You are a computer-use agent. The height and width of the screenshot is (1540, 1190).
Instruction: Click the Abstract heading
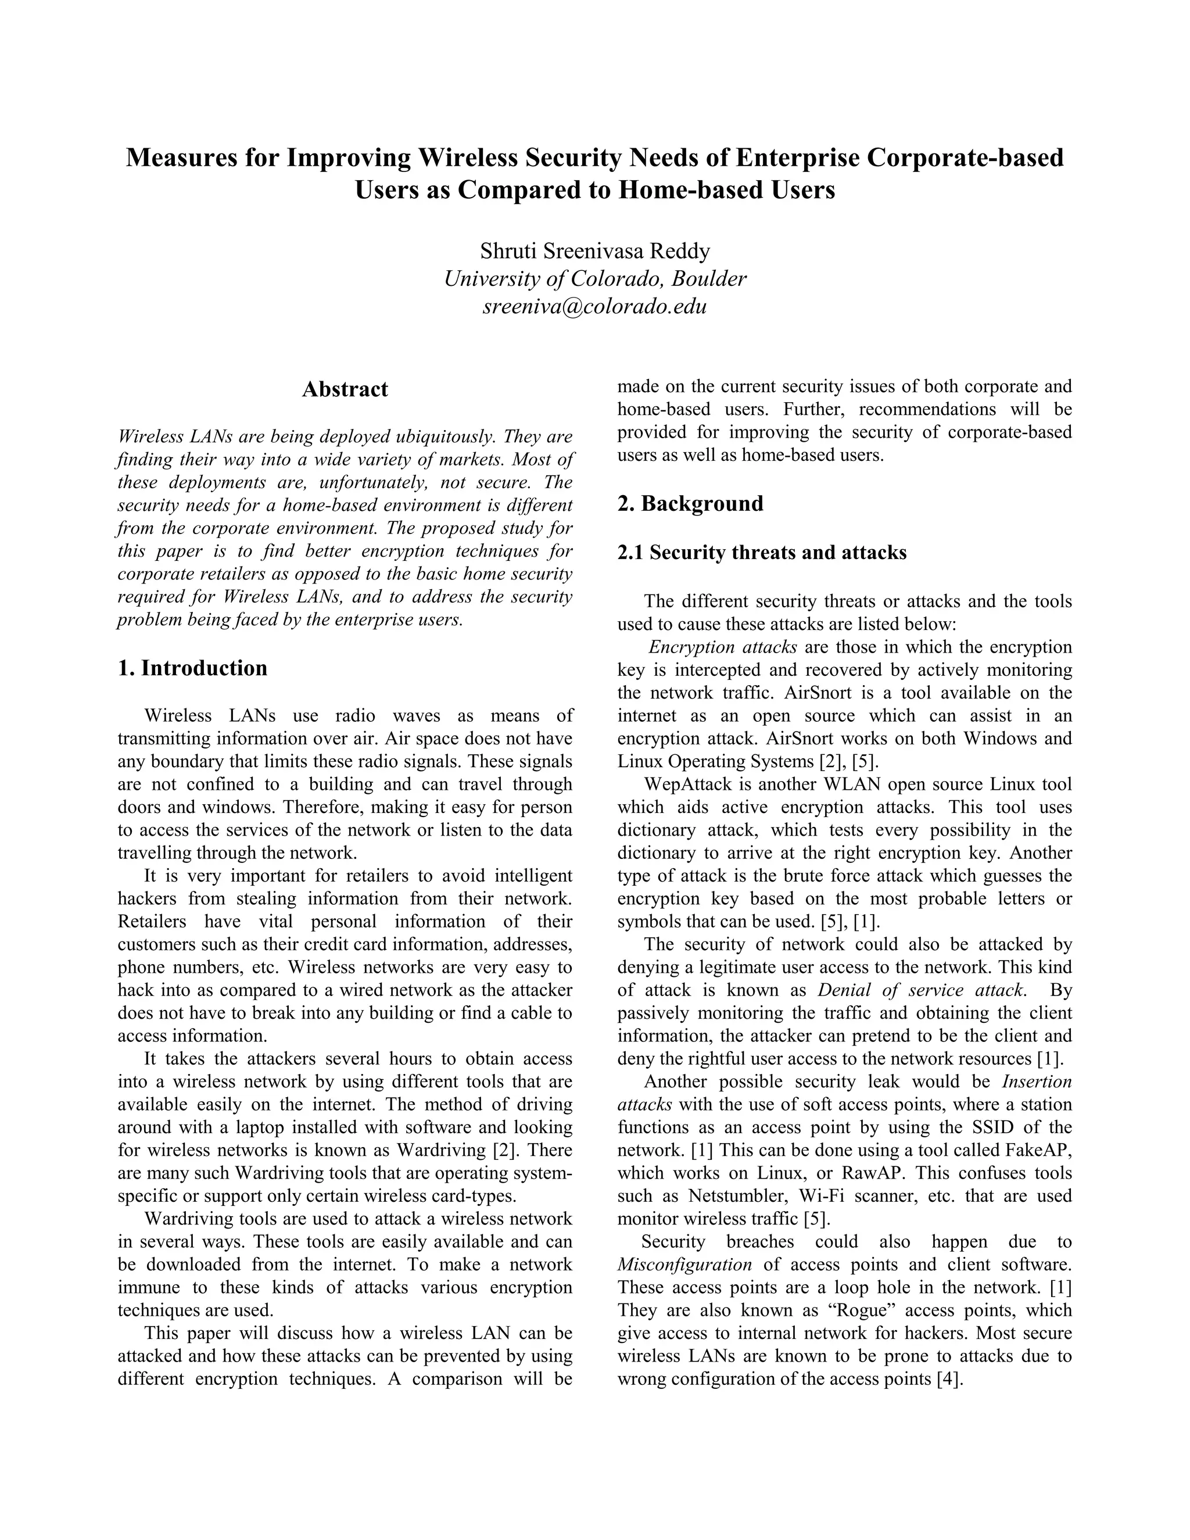pos(345,389)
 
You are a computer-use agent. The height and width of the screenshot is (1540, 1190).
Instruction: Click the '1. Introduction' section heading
pos(192,668)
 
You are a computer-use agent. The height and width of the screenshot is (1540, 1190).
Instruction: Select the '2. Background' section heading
pos(690,503)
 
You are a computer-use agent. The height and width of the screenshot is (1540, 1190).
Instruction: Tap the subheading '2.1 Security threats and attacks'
pos(761,553)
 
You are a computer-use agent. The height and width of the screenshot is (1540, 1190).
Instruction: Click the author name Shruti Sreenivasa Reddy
pos(595,251)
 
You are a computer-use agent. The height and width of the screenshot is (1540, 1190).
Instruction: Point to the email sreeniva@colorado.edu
pos(595,307)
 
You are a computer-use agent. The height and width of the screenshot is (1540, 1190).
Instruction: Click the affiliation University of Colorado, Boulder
pos(595,278)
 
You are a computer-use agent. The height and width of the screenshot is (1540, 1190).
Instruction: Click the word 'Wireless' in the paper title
pos(475,157)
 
